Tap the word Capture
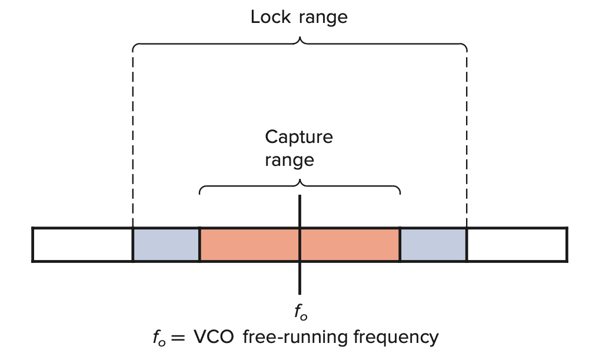click(298, 138)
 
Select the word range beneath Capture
click(289, 160)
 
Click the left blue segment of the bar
click(167, 244)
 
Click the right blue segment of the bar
click(433, 244)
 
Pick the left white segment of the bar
click(82, 244)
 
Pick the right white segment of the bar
click(517, 244)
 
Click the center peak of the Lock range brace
click(301, 39)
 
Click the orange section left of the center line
click(250, 244)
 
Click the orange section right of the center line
click(350, 244)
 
